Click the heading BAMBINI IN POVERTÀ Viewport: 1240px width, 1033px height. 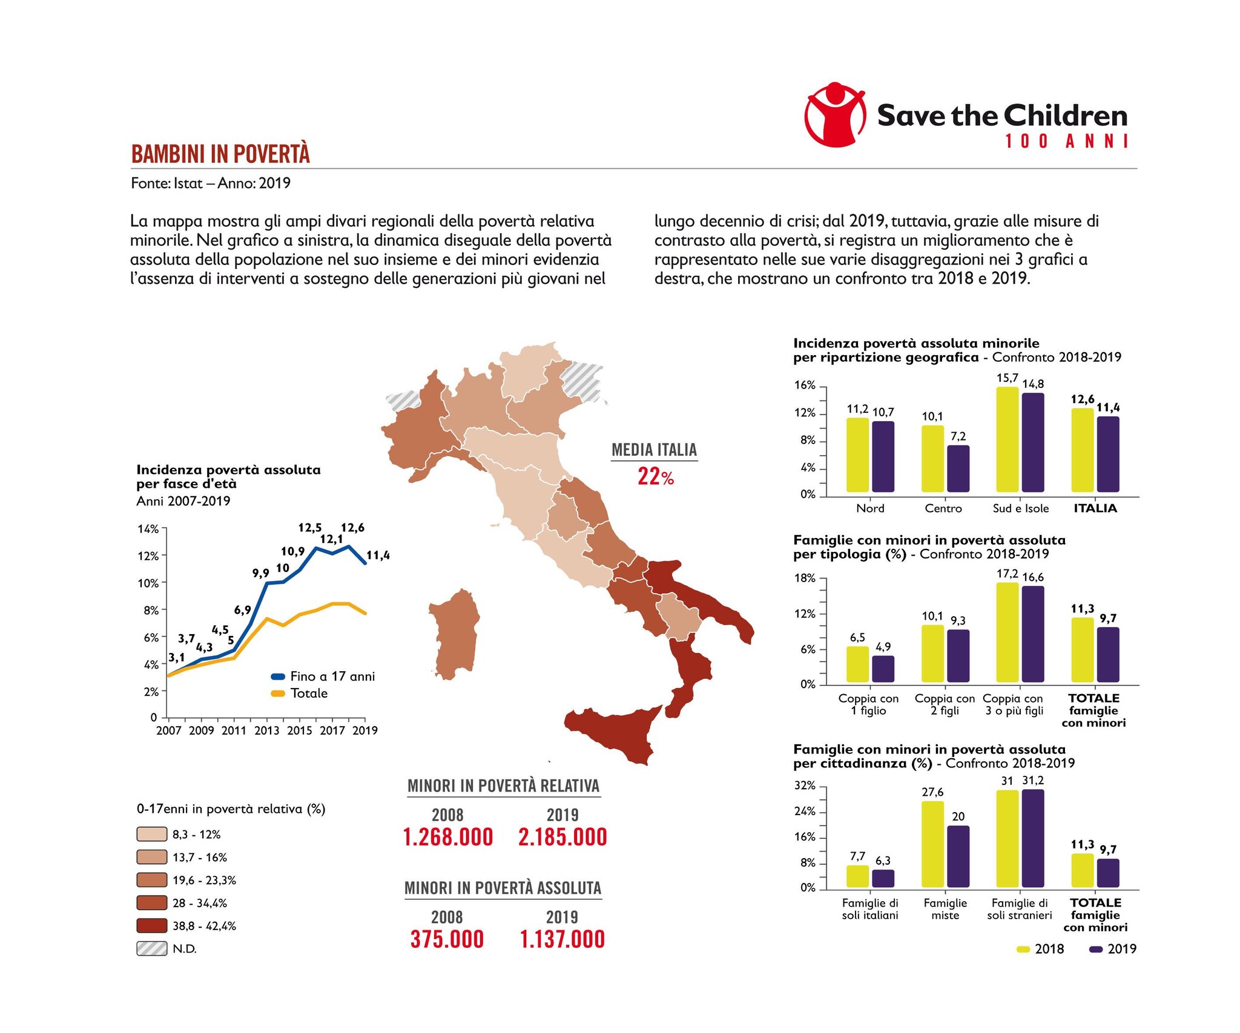pyautogui.click(x=220, y=154)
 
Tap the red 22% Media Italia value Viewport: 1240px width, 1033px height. pyautogui.click(x=655, y=477)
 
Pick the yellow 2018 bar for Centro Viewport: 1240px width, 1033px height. pyautogui.click(x=932, y=459)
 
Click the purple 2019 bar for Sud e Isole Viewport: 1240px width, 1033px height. pyautogui.click(x=1033, y=442)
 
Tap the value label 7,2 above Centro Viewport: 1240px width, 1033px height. pyautogui.click(x=958, y=436)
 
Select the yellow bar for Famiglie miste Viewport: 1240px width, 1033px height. pyautogui.click(x=932, y=845)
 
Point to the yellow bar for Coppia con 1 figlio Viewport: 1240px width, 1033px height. pyautogui.click(x=857, y=664)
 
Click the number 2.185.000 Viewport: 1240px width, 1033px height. pyautogui.click(x=562, y=837)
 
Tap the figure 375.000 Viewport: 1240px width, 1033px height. pyautogui.click(x=447, y=939)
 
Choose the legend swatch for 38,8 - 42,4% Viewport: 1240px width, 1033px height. pyautogui.click(x=151, y=926)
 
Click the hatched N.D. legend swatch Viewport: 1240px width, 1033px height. pyautogui.click(x=151, y=949)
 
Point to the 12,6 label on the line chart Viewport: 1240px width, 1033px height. pyautogui.click(x=352, y=528)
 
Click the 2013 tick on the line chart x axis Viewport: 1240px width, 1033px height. pyautogui.click(x=266, y=730)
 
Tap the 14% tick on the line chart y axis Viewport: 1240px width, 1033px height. pyautogui.click(x=148, y=529)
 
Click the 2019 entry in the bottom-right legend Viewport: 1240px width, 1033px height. pyautogui.click(x=1113, y=949)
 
